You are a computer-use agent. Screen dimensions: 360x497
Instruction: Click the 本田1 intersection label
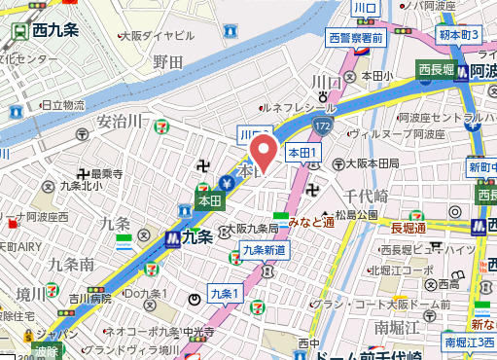click(302, 153)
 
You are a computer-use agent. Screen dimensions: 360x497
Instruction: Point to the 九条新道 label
click(264, 250)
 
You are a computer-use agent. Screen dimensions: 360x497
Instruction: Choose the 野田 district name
click(168, 62)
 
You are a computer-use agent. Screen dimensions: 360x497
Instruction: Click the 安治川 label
click(120, 122)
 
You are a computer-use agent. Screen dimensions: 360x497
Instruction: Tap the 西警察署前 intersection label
click(355, 39)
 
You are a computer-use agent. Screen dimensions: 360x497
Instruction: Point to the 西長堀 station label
click(437, 69)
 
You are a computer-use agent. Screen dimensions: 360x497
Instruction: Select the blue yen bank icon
click(226, 182)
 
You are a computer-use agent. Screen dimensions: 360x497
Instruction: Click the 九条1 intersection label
click(224, 294)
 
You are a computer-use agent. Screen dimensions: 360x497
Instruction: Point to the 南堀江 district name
click(394, 324)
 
